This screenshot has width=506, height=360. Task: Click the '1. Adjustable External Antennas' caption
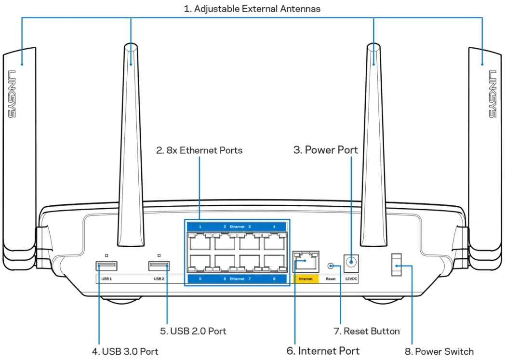point(253,9)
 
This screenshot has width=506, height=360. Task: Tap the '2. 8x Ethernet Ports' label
point(199,150)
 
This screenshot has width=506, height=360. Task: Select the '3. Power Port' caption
point(326,150)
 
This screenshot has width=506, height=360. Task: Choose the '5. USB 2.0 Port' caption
point(193,331)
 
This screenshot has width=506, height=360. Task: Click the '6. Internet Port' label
point(323,350)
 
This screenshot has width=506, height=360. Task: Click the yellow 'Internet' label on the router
point(306,279)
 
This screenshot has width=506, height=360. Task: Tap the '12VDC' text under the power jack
point(351,279)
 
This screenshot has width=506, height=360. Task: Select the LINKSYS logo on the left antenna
point(12,94)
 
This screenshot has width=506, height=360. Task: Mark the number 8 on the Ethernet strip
point(274,279)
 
